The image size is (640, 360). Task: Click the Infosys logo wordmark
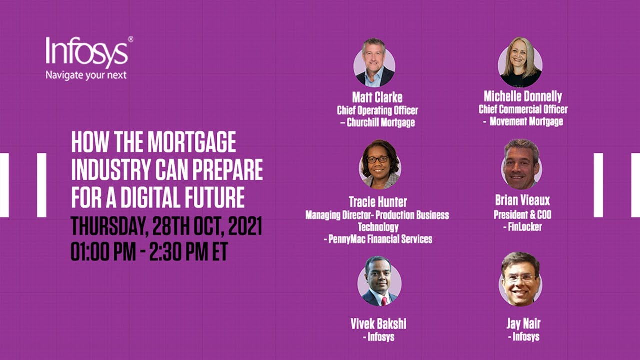coord(87,53)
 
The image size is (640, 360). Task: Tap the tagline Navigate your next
coord(86,75)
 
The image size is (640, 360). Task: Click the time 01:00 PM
coord(103,252)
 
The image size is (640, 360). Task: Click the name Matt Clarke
coord(377,97)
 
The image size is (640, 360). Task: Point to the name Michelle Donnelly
coord(523,96)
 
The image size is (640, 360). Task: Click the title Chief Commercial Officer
coord(523,109)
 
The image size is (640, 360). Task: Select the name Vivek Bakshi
coord(378,323)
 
